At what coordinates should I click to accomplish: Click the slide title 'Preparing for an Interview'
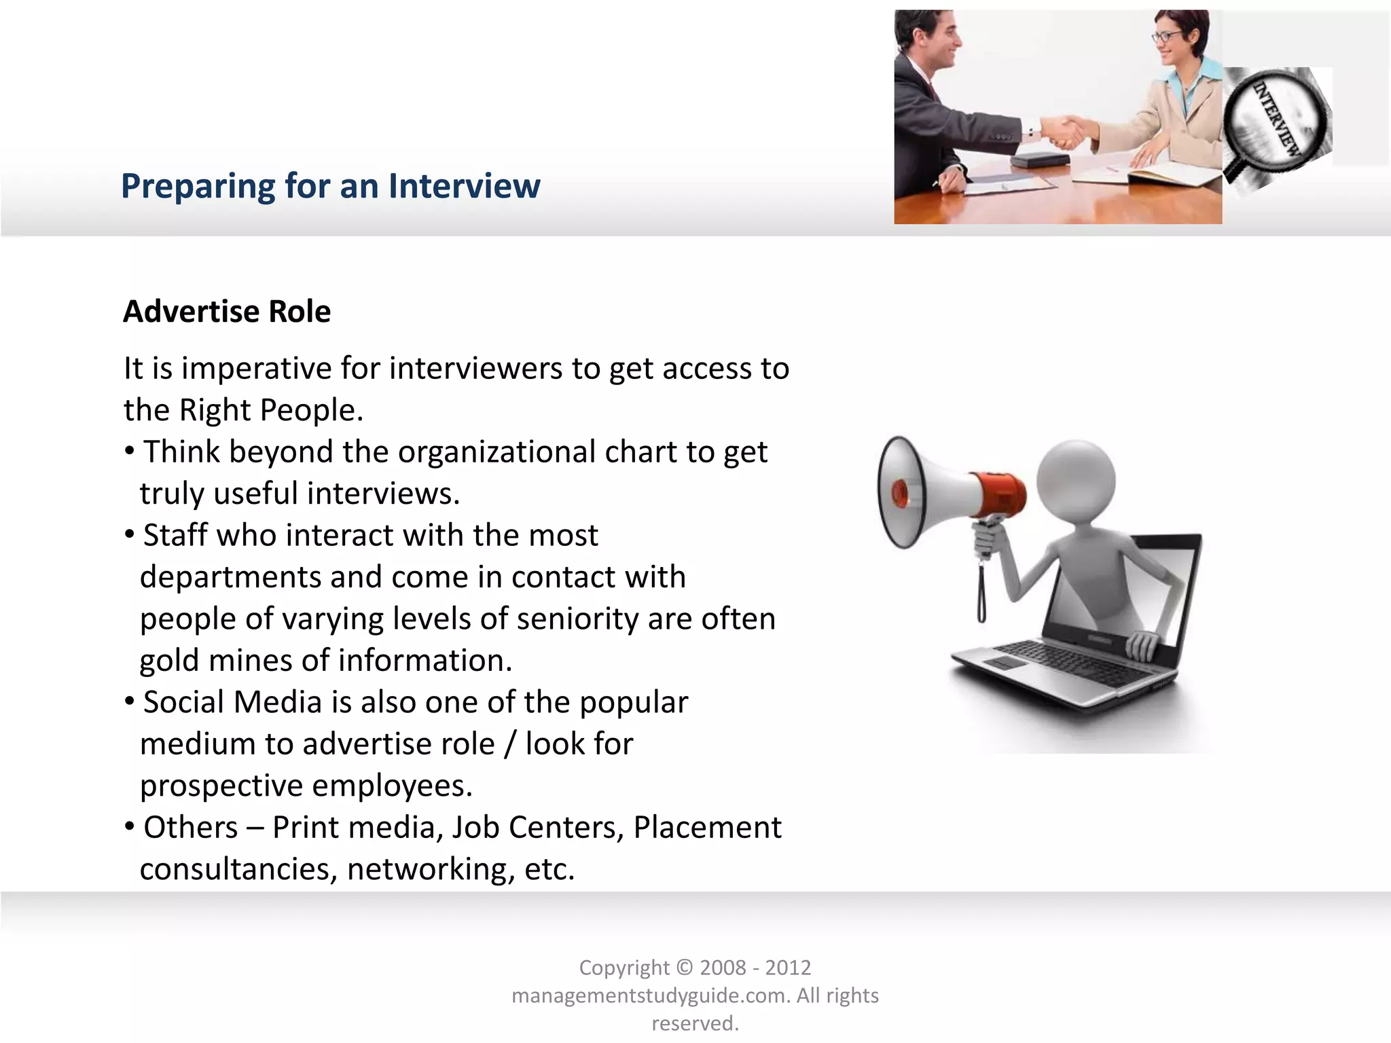click(x=330, y=186)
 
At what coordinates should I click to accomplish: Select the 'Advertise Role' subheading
click(x=227, y=312)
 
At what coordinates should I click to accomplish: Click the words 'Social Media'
click(x=232, y=702)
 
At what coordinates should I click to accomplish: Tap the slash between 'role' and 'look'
click(x=509, y=744)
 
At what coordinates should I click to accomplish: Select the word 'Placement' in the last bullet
click(x=707, y=828)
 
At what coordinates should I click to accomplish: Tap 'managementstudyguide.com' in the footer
click(x=650, y=995)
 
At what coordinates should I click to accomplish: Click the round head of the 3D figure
click(x=1076, y=479)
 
